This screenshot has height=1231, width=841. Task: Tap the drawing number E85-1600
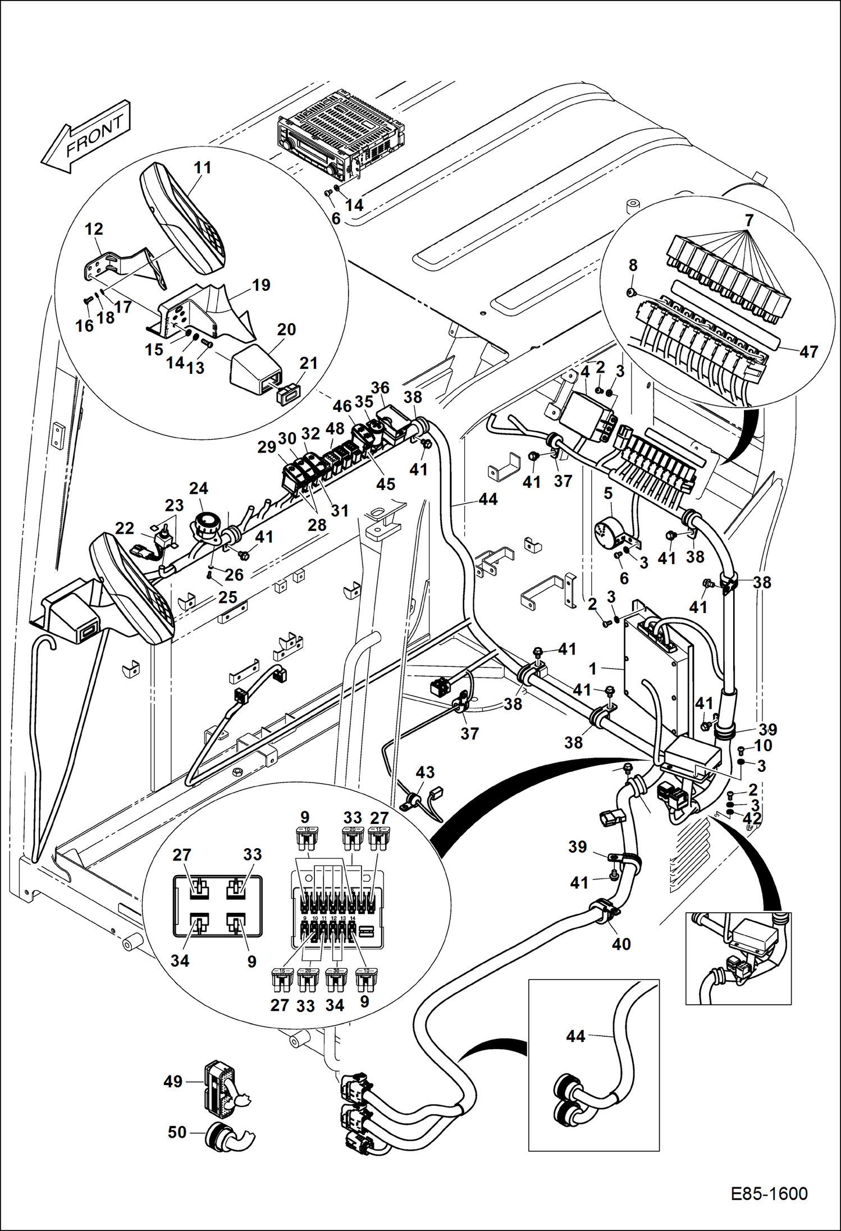769,1193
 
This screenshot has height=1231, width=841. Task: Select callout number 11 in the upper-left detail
203,167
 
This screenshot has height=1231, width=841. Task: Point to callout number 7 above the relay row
748,221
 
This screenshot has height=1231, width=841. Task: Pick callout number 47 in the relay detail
808,352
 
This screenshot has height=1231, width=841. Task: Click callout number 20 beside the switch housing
286,330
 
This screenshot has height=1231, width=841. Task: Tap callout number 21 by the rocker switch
309,363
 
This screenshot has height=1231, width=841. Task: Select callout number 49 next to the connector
173,1081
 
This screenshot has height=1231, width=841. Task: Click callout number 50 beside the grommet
177,1132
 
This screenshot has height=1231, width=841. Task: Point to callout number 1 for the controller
592,669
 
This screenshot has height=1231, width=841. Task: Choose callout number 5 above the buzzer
608,493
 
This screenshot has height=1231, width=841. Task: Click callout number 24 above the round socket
199,488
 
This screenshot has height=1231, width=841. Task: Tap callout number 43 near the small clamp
425,772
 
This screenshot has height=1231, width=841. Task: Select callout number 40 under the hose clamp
621,944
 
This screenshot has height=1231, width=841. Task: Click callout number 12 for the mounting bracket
94,229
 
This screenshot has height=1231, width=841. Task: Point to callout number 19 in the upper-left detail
261,285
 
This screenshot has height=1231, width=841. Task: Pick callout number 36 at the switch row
380,388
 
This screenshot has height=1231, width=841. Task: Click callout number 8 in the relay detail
633,265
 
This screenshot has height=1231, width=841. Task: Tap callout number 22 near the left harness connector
125,528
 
